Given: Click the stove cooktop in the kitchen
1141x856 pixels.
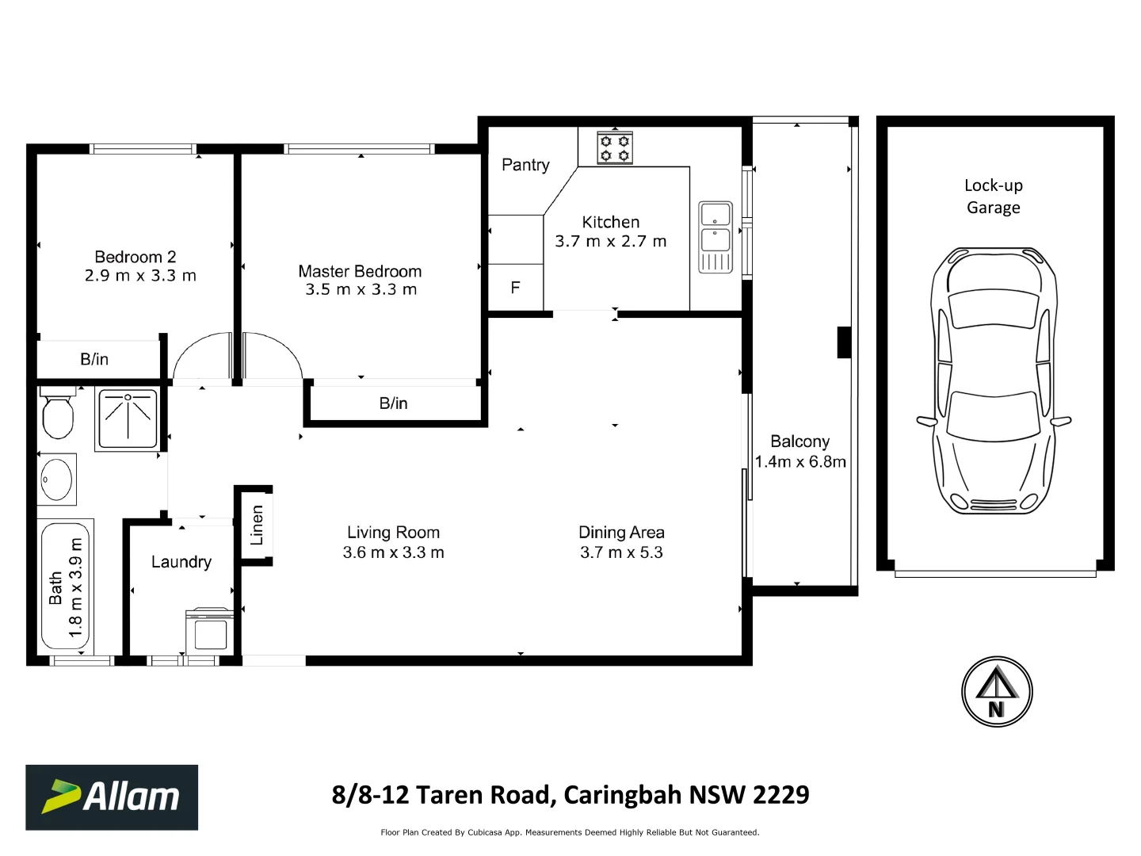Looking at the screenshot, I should pos(614,147).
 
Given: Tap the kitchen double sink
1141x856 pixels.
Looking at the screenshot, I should pos(716,236).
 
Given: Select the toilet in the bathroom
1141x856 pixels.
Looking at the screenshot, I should pos(57,414).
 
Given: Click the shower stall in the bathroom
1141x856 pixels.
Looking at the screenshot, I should pos(127,418).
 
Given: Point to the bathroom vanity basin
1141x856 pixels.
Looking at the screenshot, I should pos(57,480).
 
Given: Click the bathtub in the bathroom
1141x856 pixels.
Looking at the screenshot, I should pos(65,584).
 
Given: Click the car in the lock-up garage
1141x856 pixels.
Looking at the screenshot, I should pos(994,380).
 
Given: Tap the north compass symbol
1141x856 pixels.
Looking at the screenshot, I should pos(996,691).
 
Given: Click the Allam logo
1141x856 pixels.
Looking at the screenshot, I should pos(112,797).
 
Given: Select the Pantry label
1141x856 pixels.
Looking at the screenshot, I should pos(525,165).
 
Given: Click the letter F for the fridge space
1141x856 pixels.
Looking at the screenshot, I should pos(515,288).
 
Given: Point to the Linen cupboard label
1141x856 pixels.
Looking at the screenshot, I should pos(257,525).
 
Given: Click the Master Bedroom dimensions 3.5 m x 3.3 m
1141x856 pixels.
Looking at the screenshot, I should pos(361,290).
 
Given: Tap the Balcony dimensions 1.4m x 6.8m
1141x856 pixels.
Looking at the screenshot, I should pos(800,462).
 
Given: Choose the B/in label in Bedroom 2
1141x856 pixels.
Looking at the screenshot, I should pos(94,359).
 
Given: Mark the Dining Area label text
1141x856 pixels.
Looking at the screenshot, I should pos(621,533).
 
